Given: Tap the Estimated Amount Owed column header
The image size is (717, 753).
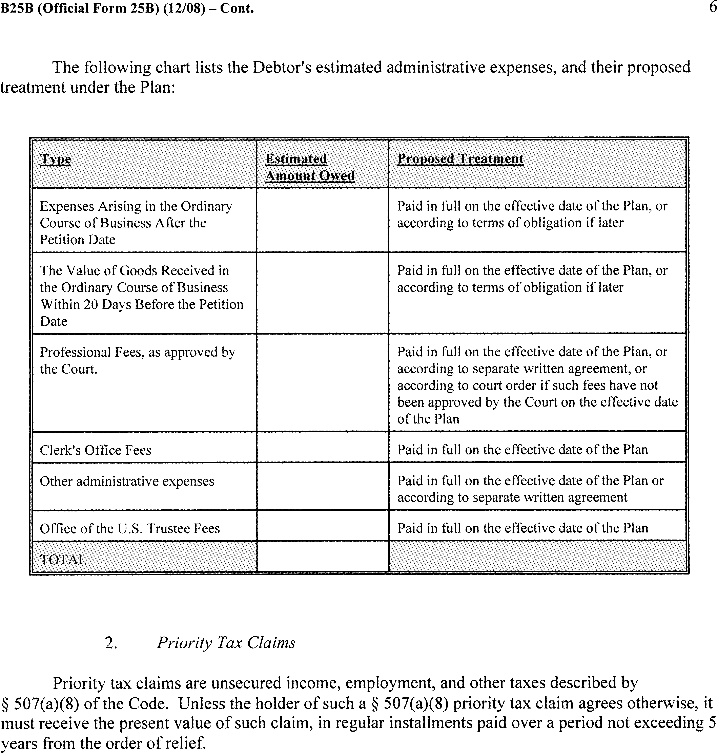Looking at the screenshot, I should [310, 167].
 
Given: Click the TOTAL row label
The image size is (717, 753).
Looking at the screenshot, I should [63, 560].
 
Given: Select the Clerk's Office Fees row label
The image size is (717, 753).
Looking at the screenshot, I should [96, 450].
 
